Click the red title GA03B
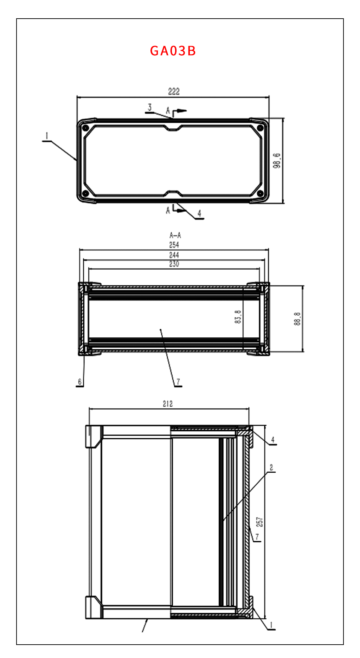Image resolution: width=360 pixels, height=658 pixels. [x=173, y=51]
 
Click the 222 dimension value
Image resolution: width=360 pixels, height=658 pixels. [x=174, y=91]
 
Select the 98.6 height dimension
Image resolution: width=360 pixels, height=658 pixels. [x=277, y=161]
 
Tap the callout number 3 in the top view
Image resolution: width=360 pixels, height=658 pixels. [x=150, y=107]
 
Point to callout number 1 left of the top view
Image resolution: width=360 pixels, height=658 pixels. [x=47, y=136]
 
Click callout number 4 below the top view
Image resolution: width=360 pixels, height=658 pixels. [x=199, y=213]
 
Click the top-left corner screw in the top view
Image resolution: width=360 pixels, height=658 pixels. [x=85, y=128]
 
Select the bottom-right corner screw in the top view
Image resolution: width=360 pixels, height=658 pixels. [x=260, y=193]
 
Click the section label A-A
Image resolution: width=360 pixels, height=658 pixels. [x=175, y=235]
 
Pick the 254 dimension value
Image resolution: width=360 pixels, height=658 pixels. [x=174, y=245]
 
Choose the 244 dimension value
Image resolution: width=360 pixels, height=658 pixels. [x=174, y=255]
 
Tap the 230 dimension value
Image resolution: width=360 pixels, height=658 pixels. [x=174, y=264]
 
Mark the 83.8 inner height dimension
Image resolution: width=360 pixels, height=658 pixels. [x=238, y=317]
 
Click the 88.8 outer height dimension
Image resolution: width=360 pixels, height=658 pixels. [x=297, y=319]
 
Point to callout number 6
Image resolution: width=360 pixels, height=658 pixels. [x=80, y=381]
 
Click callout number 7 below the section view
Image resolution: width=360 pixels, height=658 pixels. [x=178, y=381]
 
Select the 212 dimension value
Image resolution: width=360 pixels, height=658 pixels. [x=168, y=404]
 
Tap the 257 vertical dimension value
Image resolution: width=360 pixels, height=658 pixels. [x=259, y=522]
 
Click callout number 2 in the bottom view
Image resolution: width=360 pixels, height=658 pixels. [x=271, y=467]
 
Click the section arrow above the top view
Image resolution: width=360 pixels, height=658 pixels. [x=180, y=111]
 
